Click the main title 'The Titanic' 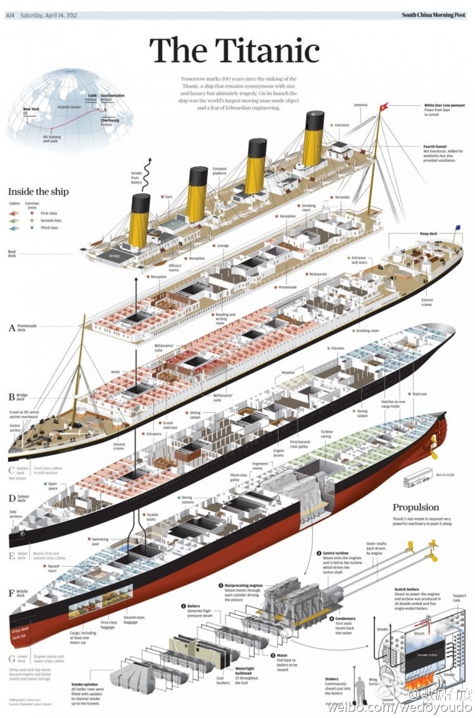tap(234, 51)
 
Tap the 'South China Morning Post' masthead tap(433, 15)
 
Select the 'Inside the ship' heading tap(38, 191)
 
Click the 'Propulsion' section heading tap(415, 507)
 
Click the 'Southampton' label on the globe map tap(112, 96)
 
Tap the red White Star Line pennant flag tap(383, 108)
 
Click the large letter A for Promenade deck tap(11, 327)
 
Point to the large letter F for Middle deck tap(11, 593)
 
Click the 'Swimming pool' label tap(101, 541)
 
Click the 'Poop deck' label tap(429, 233)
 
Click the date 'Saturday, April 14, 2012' tap(48, 15)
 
